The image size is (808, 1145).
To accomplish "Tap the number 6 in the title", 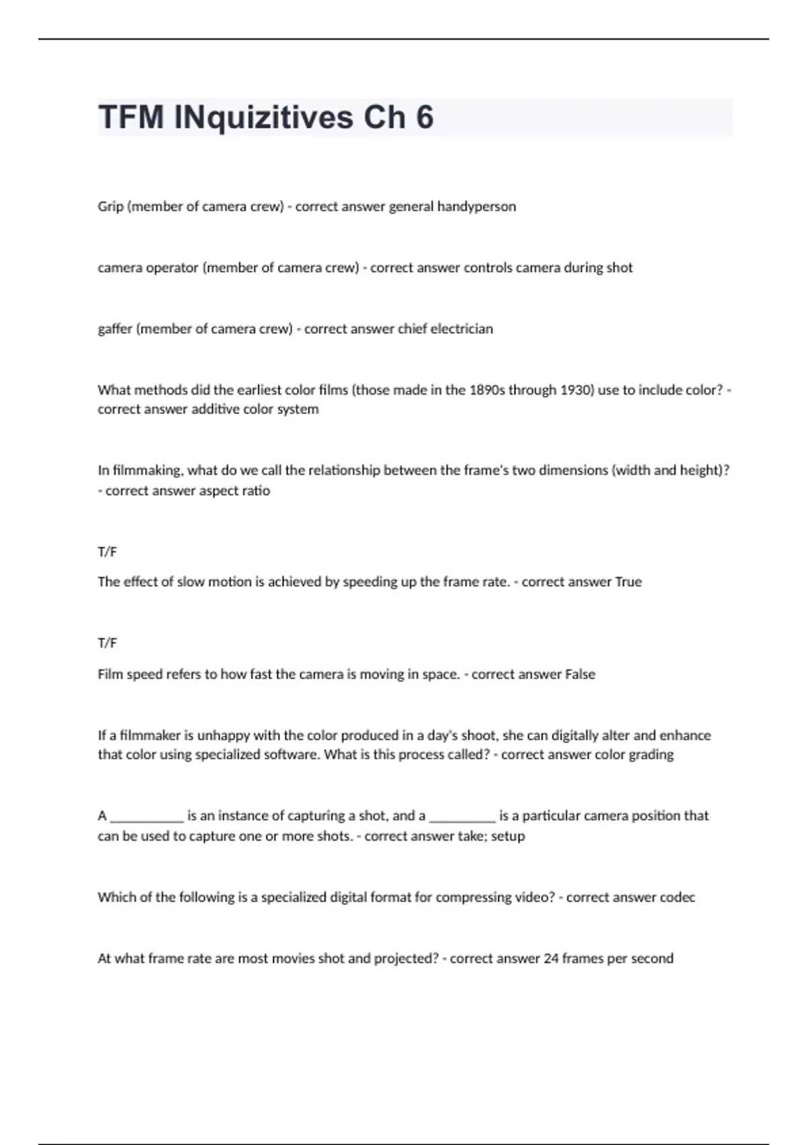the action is coord(424,117).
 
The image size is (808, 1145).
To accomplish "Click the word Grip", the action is coord(110,207).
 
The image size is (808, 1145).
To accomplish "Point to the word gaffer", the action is coord(114,329).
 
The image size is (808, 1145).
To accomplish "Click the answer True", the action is coord(628,582).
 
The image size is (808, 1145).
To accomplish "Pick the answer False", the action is coord(580,674).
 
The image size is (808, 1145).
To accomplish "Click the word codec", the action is coord(677,897).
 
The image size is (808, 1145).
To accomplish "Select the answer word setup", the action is coord(508,836).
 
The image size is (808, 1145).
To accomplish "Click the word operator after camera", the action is coord(172,268).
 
